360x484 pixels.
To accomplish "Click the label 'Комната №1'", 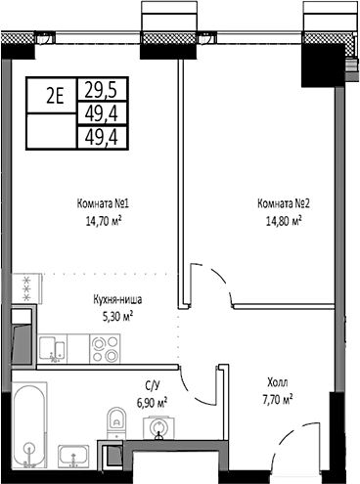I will pyautogui.click(x=104, y=204).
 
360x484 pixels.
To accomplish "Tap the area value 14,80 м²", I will pyautogui.click(x=279, y=221).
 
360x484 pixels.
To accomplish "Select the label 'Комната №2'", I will pyautogui.click(x=283, y=204).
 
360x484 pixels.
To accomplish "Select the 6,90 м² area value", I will pyautogui.click(x=151, y=401).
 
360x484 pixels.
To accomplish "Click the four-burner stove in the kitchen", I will pyautogui.click(x=105, y=347).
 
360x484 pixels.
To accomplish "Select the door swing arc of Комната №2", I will pyautogui.click(x=207, y=284).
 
